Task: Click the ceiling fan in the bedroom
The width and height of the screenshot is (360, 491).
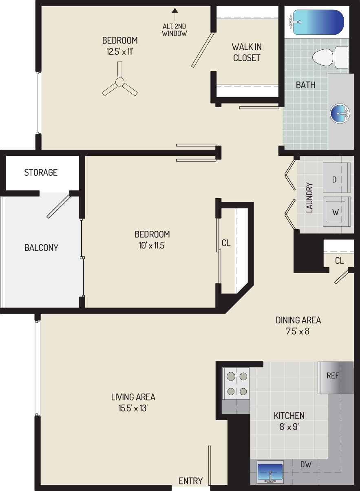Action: pos(119,82)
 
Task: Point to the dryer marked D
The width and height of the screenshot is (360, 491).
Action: pos(336,178)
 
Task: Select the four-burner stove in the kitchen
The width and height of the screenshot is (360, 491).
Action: pos(236,384)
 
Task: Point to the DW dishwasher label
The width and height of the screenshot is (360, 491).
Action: pos(306,464)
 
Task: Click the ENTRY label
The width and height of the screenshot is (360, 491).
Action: pos(190,481)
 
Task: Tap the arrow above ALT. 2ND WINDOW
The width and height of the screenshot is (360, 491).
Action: pos(174,12)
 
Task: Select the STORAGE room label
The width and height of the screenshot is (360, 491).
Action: pos(41,173)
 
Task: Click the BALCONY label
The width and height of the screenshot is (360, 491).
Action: pos(41,248)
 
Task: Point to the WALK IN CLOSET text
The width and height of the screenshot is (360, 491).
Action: pos(246,52)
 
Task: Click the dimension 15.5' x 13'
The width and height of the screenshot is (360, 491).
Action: pos(133,407)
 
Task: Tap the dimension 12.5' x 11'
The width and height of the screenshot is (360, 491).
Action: pos(119,52)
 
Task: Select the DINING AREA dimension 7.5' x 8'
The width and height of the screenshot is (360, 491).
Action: pos(298,331)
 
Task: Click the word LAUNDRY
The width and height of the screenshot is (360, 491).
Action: pos(309,197)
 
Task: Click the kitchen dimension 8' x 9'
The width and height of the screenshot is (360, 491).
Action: pos(289,427)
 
